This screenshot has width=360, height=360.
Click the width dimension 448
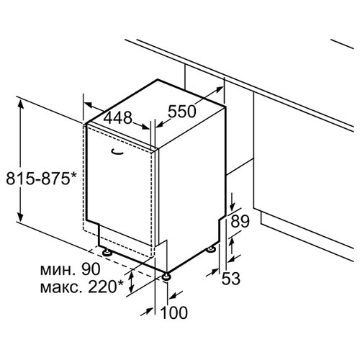pos(118,117)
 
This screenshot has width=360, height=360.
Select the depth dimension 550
pos(182,112)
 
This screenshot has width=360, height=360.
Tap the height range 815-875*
pos(41,179)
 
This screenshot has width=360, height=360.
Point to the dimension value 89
pos(240,221)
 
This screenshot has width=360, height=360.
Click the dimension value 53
pos(230,279)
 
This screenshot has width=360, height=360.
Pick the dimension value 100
pos(174,312)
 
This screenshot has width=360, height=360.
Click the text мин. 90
pos(70,269)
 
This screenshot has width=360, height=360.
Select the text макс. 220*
pos(82,287)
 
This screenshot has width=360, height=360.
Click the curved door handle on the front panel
pos(117,151)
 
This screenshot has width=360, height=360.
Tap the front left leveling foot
pos(107,253)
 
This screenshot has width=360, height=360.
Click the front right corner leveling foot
pos(166,276)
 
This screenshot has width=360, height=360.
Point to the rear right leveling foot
pos(211,249)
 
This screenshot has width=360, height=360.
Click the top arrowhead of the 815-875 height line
pos(21,104)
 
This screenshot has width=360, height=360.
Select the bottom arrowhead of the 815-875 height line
pos(21,217)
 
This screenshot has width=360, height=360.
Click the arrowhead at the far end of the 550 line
pos(219,89)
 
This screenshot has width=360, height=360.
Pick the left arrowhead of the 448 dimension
pos(89,104)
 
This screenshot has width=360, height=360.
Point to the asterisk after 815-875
pos(73,175)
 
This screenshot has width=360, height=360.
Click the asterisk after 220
pos(120,284)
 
